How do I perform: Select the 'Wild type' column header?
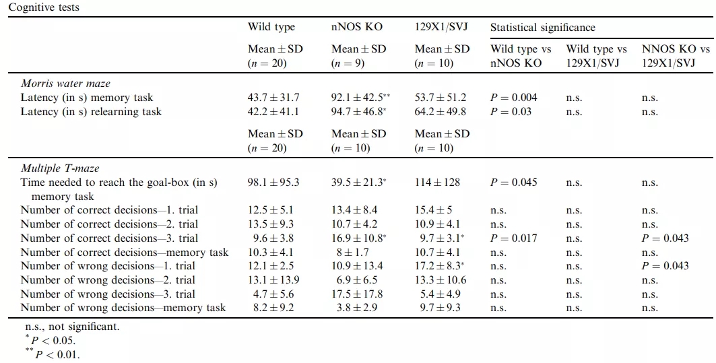coord(271,28)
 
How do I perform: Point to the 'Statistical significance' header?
coord(542,28)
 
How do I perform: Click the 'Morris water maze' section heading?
coord(65,84)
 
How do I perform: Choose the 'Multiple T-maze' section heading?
coord(59,168)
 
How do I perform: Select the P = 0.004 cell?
coord(514,98)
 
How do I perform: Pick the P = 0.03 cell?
coord(511,112)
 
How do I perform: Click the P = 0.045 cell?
coord(514,183)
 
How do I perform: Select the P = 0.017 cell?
coord(514,238)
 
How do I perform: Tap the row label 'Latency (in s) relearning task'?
coord(91,112)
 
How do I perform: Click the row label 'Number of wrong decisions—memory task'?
coord(123,308)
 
